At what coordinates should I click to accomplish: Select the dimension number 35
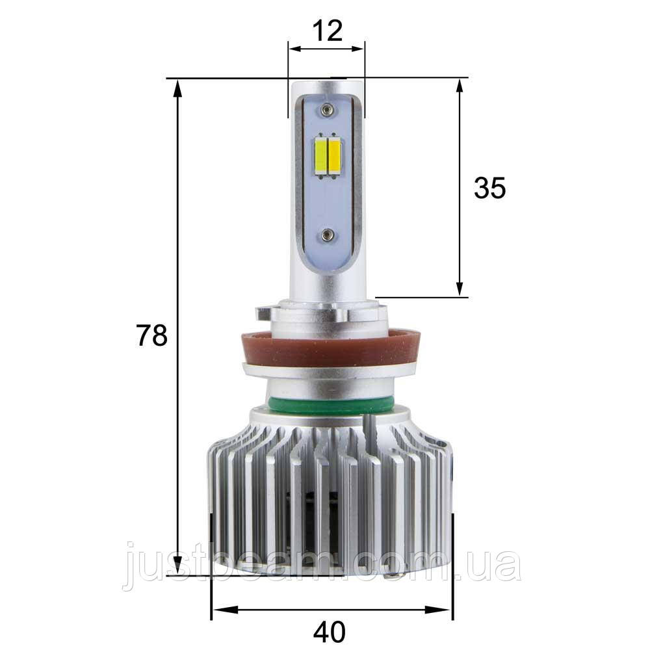[x=489, y=188]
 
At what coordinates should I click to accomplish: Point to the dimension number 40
[x=330, y=631]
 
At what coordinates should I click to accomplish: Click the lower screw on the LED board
[x=327, y=235]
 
